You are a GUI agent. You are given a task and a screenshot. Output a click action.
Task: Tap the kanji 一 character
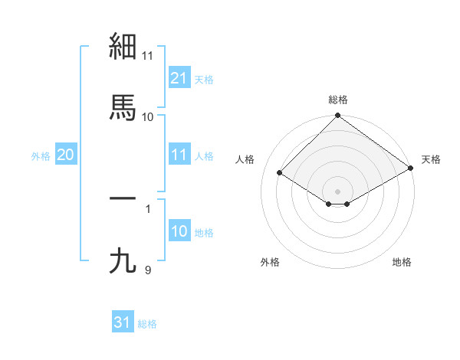click(123, 198)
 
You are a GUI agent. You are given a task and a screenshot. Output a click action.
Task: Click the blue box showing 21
click(179, 78)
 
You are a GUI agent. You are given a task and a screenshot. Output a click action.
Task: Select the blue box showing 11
click(179, 155)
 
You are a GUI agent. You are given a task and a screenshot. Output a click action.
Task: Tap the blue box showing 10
click(179, 232)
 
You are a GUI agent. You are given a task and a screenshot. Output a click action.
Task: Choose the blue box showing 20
click(65, 155)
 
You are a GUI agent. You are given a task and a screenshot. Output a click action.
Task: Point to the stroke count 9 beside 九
click(148, 270)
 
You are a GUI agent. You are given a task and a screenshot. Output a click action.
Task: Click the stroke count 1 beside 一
click(148, 208)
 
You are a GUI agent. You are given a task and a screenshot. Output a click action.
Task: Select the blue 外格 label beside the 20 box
click(41, 156)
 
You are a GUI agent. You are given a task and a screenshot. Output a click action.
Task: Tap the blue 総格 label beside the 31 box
click(147, 324)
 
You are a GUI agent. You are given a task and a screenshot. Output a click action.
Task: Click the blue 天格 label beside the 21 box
click(204, 79)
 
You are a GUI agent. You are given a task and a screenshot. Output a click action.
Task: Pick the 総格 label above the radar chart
click(338, 100)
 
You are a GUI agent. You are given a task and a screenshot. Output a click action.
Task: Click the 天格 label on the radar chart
click(431, 159)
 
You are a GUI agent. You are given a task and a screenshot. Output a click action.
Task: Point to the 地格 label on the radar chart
click(402, 262)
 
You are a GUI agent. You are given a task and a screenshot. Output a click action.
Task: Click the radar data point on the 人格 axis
click(280, 172)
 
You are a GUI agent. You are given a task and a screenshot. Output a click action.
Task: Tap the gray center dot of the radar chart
click(338, 191)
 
